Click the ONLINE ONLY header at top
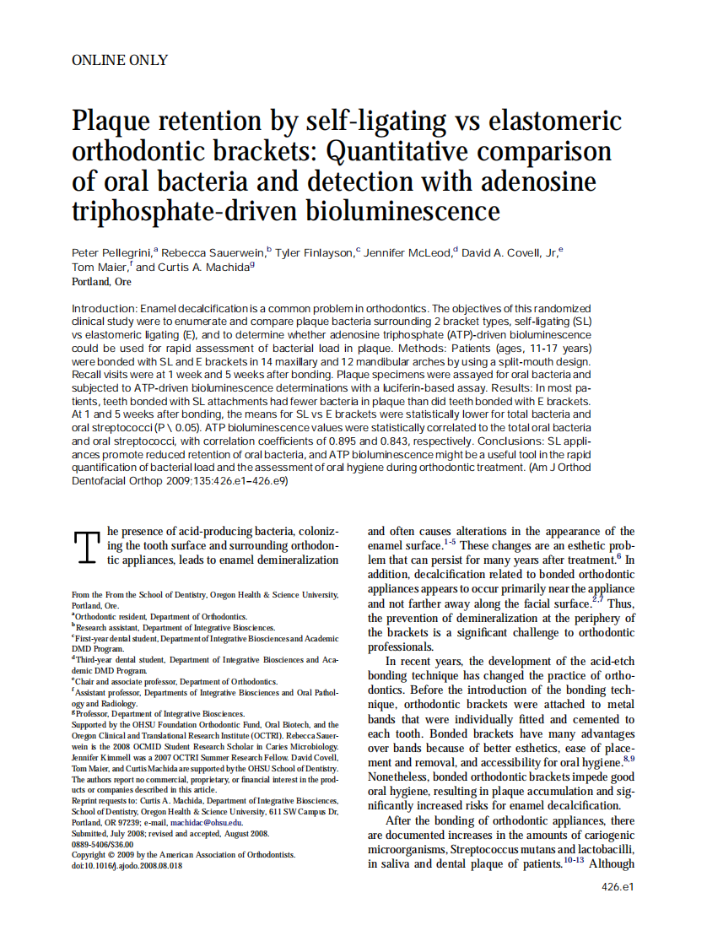[x=120, y=60]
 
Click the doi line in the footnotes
[x=127, y=866]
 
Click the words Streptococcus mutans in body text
[x=499, y=848]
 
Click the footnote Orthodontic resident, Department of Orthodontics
[x=160, y=617]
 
